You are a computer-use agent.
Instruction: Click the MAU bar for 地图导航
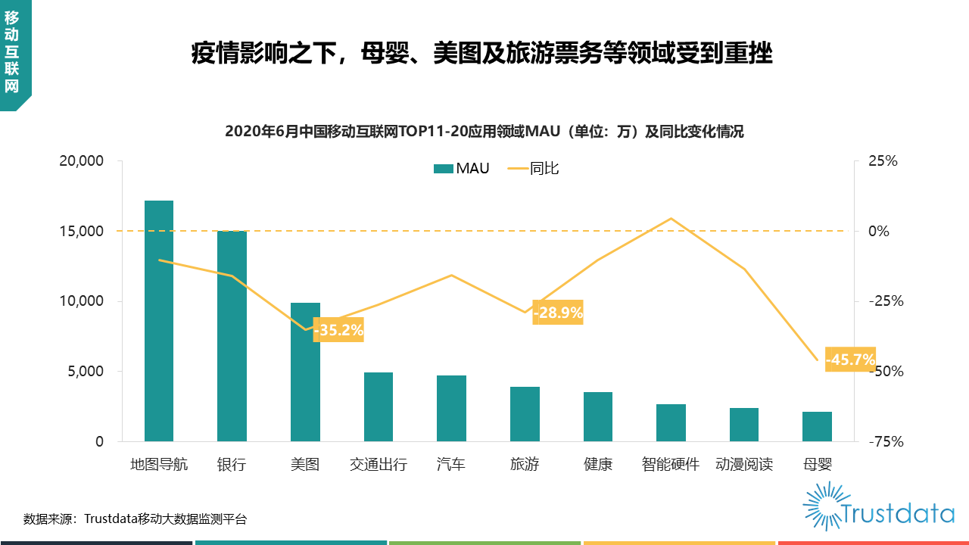(159, 321)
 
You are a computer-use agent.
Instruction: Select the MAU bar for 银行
(232, 336)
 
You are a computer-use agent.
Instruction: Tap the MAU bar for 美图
(305, 372)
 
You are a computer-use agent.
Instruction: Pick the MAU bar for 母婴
(817, 426)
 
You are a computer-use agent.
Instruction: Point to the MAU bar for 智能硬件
(671, 422)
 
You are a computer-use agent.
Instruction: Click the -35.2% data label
(338, 330)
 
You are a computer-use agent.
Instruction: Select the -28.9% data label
(558, 312)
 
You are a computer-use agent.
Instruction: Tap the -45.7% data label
(850, 360)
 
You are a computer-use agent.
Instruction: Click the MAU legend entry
(462, 168)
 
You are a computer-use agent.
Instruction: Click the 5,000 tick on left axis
(85, 372)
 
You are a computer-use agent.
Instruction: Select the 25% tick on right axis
(882, 161)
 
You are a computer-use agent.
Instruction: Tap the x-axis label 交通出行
(379, 464)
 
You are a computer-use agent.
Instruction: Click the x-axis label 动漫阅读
(743, 464)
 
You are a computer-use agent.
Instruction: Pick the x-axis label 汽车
(451, 464)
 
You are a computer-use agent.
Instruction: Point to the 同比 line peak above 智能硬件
(671, 218)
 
